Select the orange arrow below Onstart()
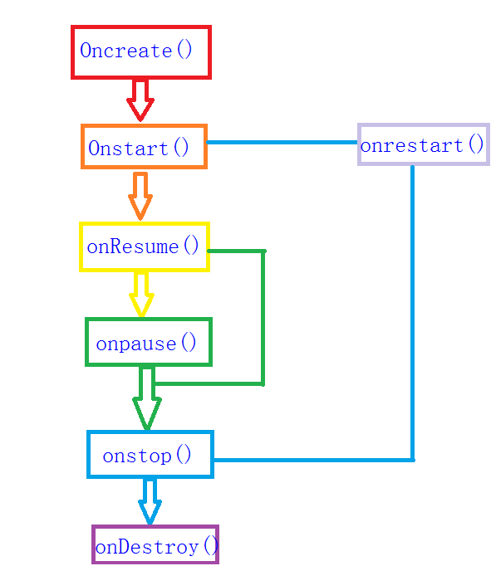[x=140, y=196]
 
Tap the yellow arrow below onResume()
[x=142, y=294]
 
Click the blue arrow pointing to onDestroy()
[x=150, y=501]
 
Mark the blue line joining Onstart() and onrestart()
[x=282, y=143]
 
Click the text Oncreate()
[x=136, y=51]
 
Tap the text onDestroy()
[x=156, y=547]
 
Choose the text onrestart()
[x=422, y=145]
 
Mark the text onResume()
[x=144, y=246]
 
